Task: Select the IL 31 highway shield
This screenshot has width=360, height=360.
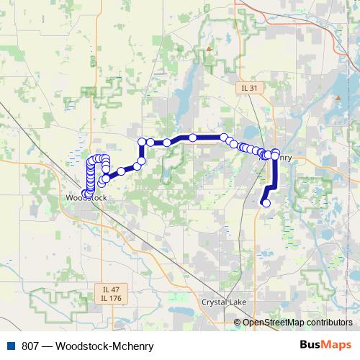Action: click(x=250, y=87)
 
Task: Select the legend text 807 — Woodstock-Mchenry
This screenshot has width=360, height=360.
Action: click(x=89, y=346)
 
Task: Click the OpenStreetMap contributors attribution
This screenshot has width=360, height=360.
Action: click(x=297, y=322)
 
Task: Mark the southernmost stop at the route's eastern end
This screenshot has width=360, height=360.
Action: click(x=266, y=203)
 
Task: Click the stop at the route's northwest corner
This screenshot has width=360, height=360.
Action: click(x=142, y=141)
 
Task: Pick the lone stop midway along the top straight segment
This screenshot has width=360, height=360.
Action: click(x=193, y=137)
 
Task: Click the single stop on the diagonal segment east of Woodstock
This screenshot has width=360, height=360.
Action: click(x=121, y=171)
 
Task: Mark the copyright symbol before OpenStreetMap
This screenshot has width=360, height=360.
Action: click(x=238, y=322)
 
